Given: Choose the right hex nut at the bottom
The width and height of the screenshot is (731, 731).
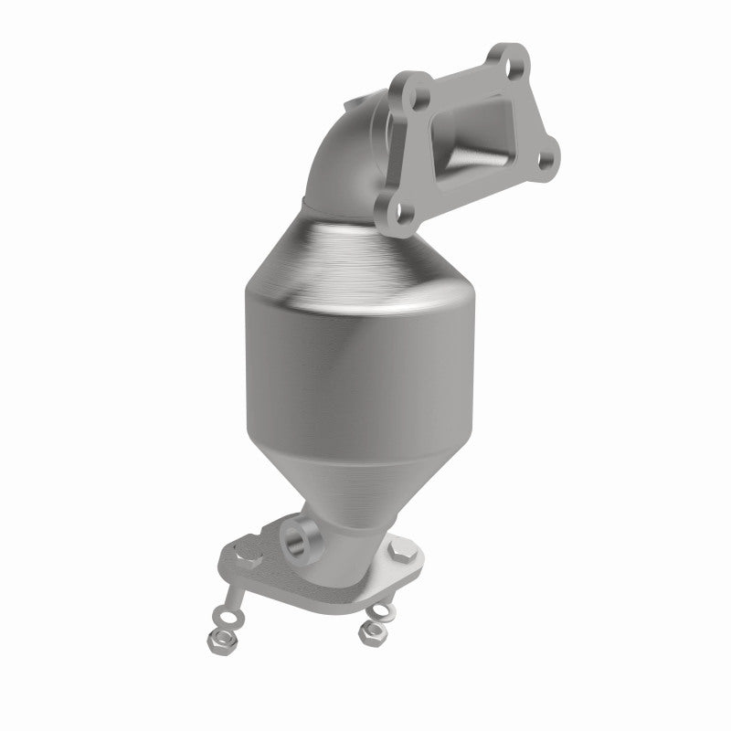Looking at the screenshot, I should click(x=371, y=630).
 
